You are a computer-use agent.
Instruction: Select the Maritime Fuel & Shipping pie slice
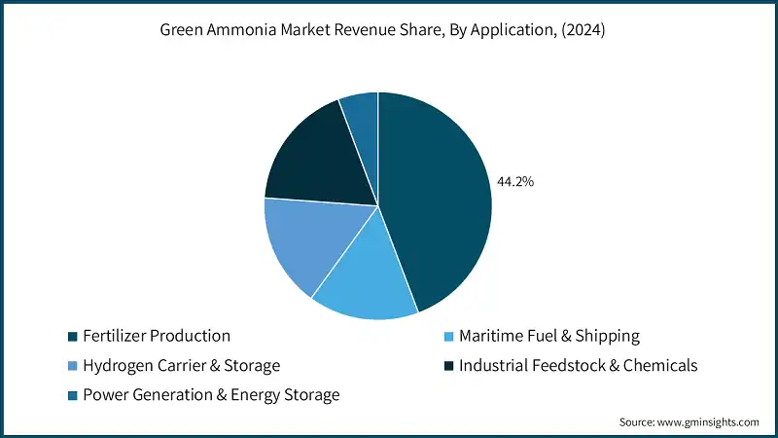[x=365, y=277]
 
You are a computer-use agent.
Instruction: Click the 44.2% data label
[x=515, y=181]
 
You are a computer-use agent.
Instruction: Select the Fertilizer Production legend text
[x=157, y=336]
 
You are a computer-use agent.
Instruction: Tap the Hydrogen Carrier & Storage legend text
[x=182, y=366]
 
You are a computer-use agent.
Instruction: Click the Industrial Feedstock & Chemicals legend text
[x=579, y=366]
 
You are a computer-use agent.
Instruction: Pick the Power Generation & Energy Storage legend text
[x=211, y=395]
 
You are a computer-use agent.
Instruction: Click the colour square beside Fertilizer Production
[x=73, y=337]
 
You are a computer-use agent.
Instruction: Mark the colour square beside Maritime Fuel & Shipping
[x=448, y=337]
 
